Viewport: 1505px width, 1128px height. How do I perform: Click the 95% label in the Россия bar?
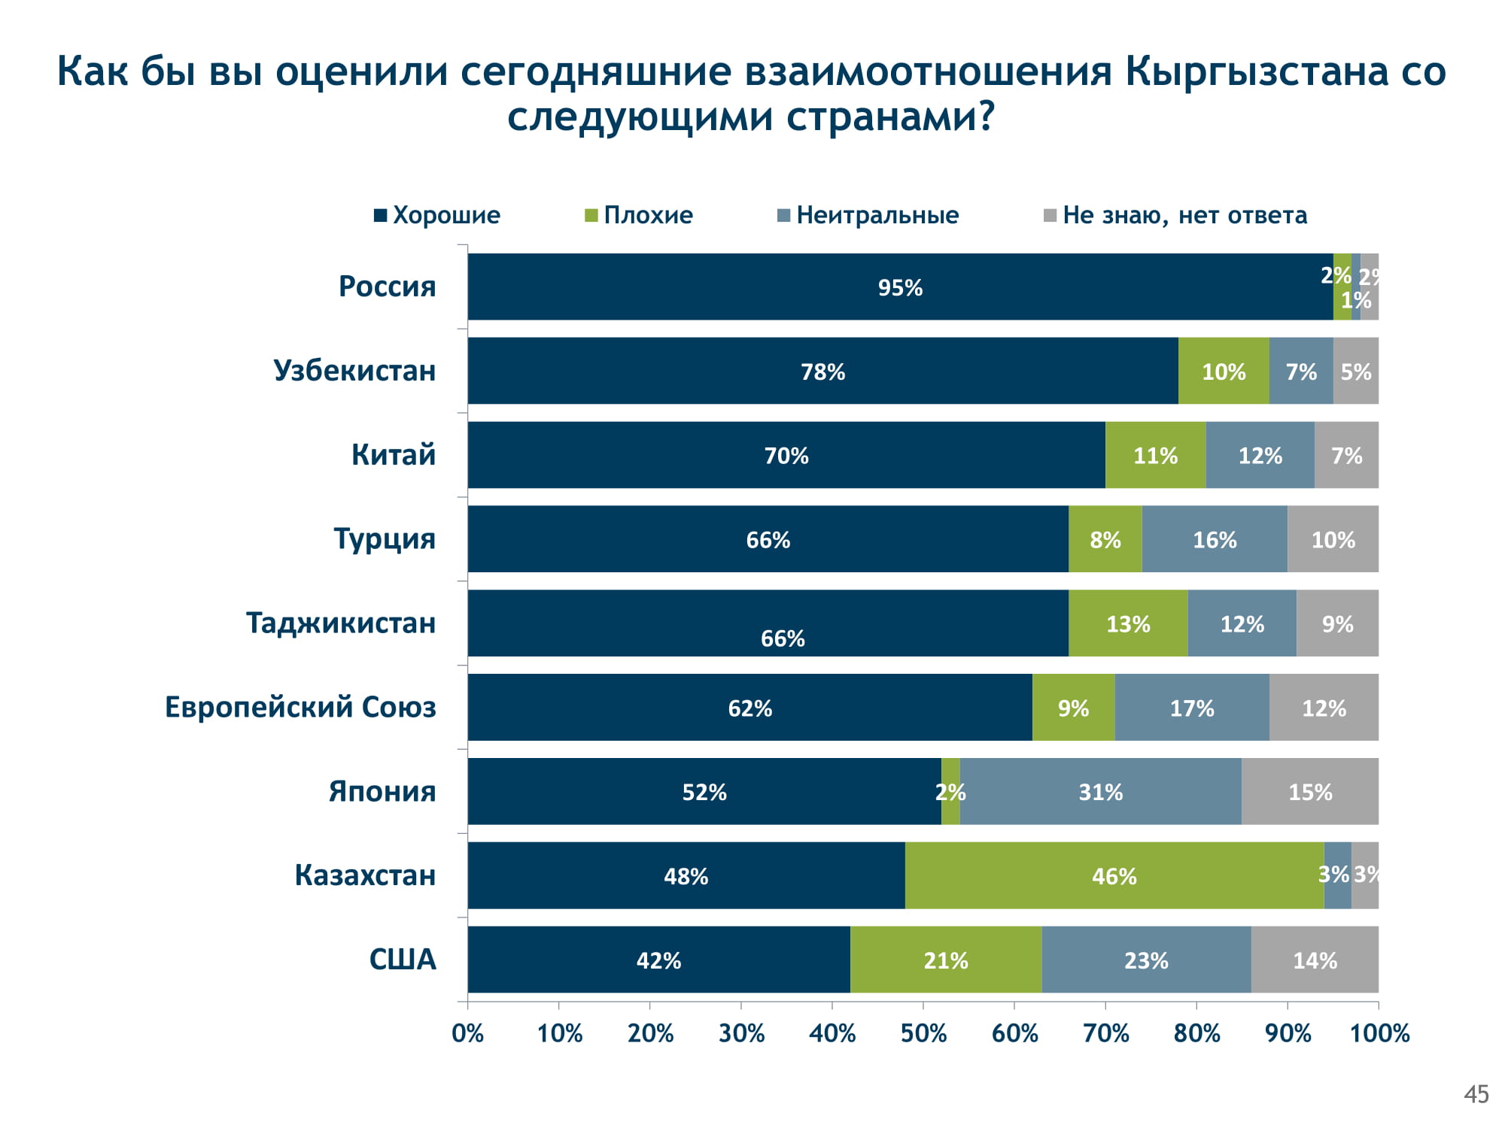900,287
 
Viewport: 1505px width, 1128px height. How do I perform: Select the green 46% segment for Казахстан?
1114,876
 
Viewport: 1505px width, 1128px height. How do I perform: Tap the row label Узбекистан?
354,371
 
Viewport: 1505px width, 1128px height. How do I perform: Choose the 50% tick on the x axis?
923,1033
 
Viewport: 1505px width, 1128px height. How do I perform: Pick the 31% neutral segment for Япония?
1100,792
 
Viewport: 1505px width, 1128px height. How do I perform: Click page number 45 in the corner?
1476,1094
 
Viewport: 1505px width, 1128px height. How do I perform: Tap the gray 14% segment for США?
1315,960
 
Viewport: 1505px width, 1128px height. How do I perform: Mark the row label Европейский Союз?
300,708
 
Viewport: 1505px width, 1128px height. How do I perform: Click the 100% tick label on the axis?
1379,1033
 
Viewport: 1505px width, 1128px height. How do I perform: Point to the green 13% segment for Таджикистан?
1128,623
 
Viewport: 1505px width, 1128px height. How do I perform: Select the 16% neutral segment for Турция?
1215,539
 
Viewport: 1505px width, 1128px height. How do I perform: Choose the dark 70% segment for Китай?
786,455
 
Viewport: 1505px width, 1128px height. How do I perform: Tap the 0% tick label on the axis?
467,1033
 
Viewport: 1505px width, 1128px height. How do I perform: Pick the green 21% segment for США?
946,960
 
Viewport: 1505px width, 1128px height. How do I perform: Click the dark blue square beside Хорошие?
381,216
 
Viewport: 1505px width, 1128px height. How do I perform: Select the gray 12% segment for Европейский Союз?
1324,708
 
